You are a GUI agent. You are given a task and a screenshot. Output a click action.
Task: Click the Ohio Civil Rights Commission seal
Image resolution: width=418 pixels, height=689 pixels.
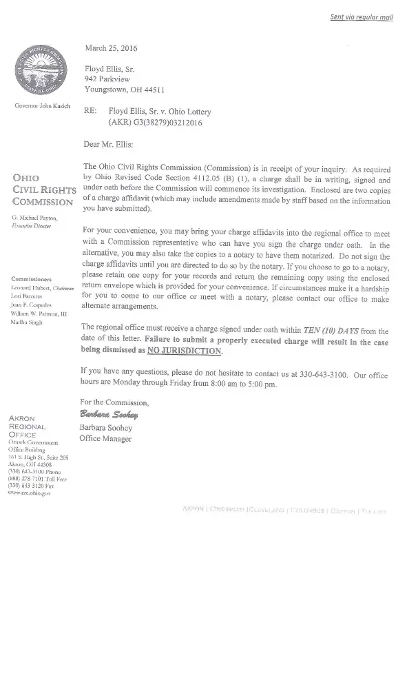pos(43,71)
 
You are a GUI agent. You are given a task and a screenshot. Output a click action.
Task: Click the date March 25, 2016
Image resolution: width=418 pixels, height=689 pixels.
pos(111,48)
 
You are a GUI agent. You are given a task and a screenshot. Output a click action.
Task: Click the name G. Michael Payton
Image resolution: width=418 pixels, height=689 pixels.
pos(34,217)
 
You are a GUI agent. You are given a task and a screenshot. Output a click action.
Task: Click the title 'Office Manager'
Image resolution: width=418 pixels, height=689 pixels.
pos(105,438)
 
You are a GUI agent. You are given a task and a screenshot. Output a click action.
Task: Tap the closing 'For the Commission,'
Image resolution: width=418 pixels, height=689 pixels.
pos(114,402)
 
